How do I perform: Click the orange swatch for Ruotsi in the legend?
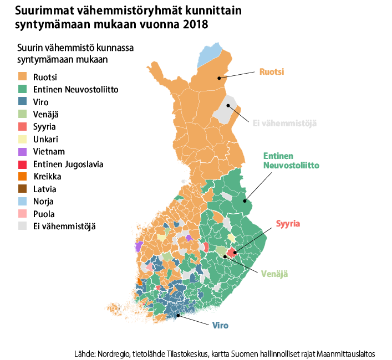pos(23,76)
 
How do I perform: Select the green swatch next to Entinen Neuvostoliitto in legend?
pos(23,89)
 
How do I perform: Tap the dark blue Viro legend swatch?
pos(23,102)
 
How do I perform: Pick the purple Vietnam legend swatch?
pos(23,152)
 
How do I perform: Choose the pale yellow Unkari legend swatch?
pos(23,139)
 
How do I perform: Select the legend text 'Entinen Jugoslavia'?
pos(68,164)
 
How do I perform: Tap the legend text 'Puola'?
pos(44,214)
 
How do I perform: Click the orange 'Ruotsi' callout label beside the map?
pos(272,72)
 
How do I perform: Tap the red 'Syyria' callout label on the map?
pos(288,224)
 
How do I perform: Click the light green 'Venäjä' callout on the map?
pos(275,274)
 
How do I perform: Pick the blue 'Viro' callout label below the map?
pos(220,325)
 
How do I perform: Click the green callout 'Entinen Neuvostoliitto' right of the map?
pos(291,161)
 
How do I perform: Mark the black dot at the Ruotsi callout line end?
pos(219,78)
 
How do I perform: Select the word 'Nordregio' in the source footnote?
pos(114,353)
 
